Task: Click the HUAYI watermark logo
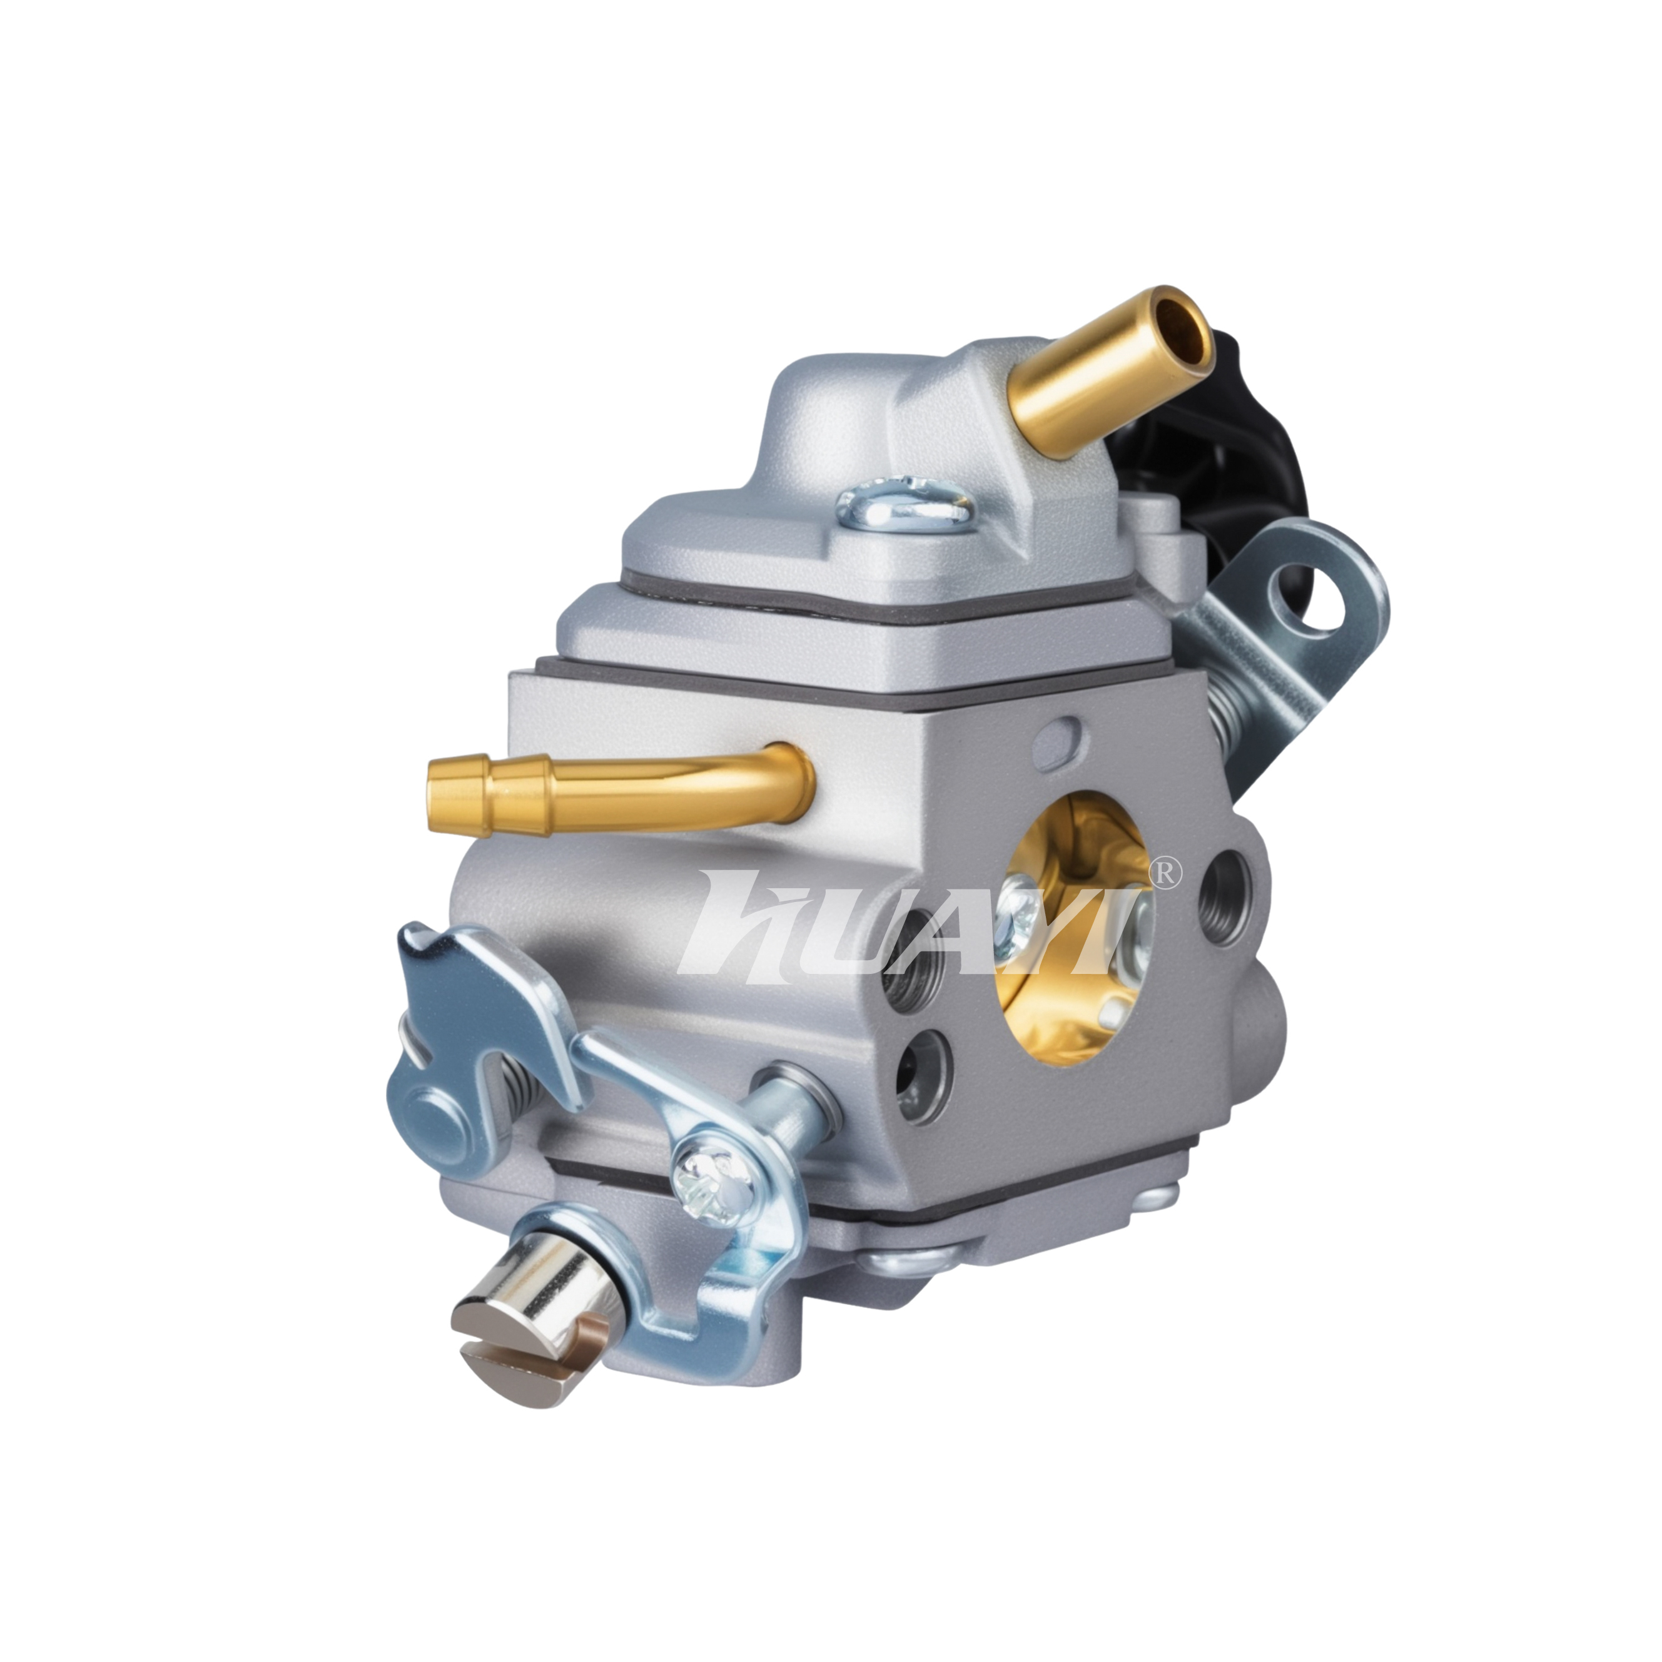(x=929, y=922)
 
